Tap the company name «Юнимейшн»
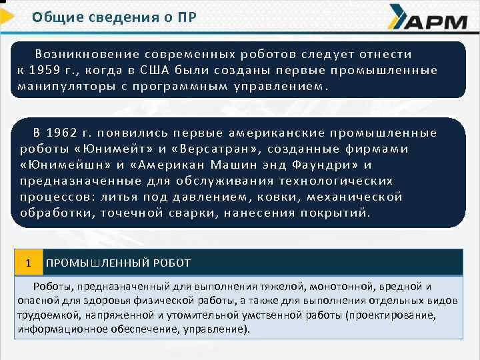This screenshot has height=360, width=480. click(x=60, y=165)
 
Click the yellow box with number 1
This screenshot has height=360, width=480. click(x=28, y=263)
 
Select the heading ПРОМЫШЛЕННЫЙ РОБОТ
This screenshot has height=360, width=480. click(x=118, y=263)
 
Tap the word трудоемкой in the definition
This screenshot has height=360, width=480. click(x=43, y=315)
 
